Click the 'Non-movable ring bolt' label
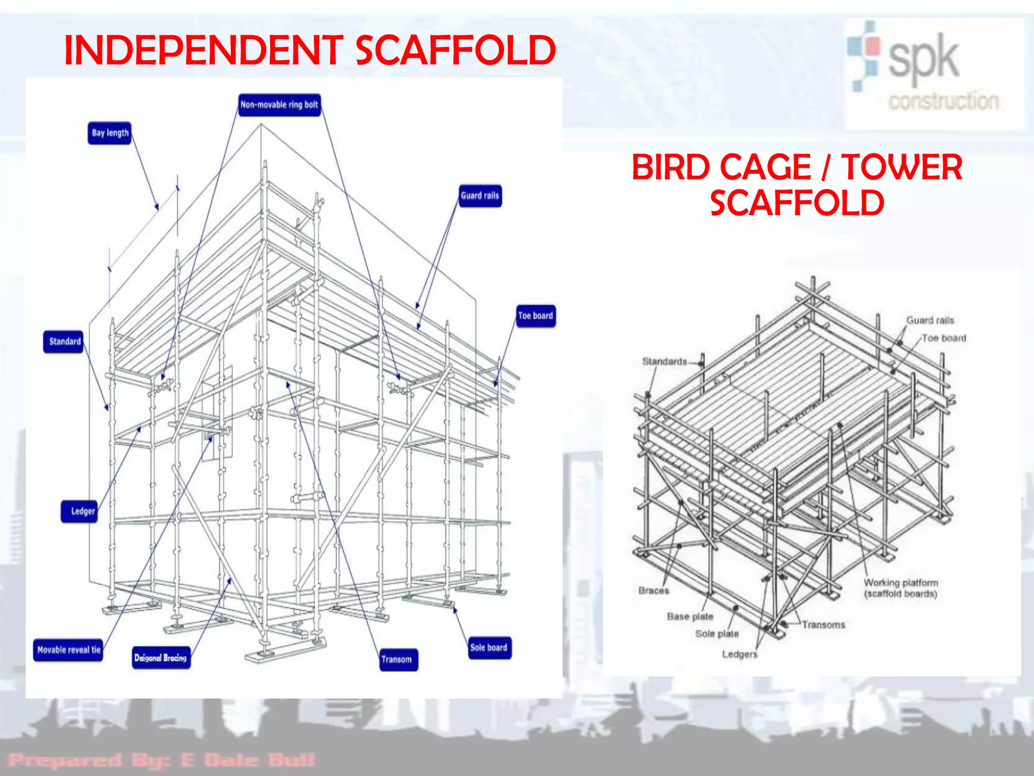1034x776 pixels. (279, 105)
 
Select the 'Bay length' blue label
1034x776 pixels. (110, 133)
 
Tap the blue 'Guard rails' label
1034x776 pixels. (480, 196)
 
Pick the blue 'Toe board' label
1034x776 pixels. (535, 316)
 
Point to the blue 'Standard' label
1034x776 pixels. (64, 342)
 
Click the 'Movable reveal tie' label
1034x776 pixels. (69, 650)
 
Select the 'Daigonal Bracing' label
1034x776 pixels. (161, 658)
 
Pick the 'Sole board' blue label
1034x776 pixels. (488, 648)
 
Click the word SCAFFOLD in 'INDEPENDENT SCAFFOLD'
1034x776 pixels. (455, 51)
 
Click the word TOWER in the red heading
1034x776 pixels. (901, 168)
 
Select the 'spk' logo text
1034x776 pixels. (923, 59)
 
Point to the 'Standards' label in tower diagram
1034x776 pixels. (664, 361)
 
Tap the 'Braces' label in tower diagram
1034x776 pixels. (653, 591)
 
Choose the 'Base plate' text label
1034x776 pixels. (690, 616)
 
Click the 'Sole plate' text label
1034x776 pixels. (716, 634)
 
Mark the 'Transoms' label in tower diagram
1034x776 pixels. (823, 625)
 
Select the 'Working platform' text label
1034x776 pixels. (901, 583)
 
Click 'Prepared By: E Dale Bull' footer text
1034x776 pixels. (162, 759)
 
